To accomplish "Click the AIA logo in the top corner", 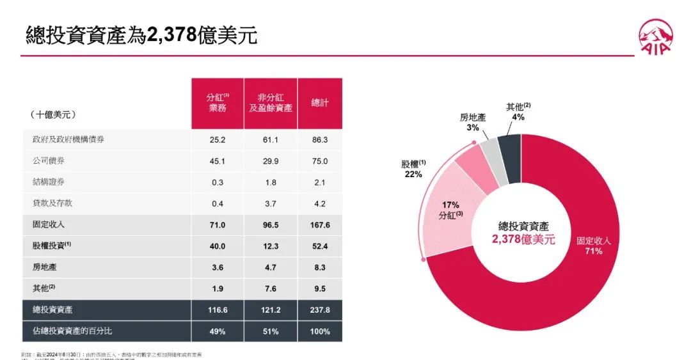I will click(655, 37).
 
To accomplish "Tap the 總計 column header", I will click(319, 103).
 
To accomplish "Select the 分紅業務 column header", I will click(218, 103).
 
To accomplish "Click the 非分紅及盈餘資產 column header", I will click(271, 103).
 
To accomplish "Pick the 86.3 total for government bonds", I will click(319, 139).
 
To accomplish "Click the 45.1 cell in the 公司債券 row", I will click(218, 161).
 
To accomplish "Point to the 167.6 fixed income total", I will click(319, 224).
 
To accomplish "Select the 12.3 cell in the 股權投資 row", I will click(271, 246).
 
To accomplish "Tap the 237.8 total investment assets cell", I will click(319, 309).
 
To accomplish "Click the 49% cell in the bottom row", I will click(218, 331).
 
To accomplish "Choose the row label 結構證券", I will click(49, 182).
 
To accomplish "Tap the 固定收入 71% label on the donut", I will click(594, 246).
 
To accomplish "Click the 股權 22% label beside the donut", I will click(413, 169).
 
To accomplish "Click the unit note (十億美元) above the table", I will click(53, 114).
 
